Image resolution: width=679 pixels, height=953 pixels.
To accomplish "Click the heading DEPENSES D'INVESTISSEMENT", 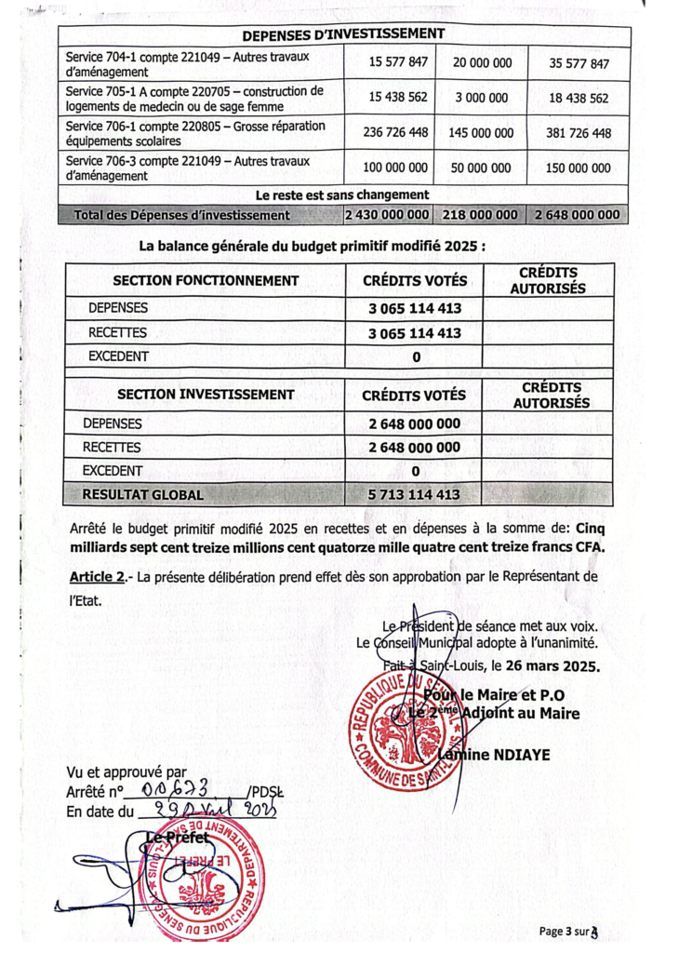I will coord(341,34).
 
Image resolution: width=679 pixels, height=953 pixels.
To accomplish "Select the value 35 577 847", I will coord(573,63).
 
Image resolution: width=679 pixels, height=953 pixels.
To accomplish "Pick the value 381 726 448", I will coord(573,132).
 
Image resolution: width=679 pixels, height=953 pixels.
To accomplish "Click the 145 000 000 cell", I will coord(481,132).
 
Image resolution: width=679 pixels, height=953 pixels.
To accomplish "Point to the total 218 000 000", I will coord(481,215).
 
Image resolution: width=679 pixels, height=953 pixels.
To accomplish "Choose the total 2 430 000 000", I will coord(387,215).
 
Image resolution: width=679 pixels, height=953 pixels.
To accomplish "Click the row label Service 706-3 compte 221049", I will coord(195,168).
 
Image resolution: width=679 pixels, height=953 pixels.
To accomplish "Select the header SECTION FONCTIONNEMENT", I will coord(206,280).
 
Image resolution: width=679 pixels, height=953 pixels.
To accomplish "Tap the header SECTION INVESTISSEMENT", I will coord(206,395).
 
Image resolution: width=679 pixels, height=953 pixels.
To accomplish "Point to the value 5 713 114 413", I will coord(414,494).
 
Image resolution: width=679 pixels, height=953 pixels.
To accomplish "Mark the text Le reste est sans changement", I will coord(342,195).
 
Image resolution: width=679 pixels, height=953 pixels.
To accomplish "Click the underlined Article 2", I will coord(97,577).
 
